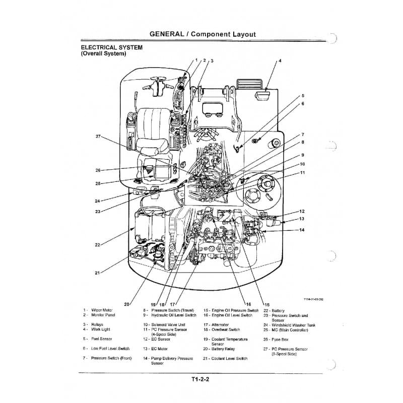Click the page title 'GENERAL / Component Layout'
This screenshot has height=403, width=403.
(203, 34)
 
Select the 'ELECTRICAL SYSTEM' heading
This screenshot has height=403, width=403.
(111, 47)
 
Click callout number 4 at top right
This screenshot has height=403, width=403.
(280, 60)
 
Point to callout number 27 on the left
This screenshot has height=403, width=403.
(98, 137)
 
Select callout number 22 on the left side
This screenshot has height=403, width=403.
(97, 245)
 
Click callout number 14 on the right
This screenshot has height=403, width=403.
(302, 230)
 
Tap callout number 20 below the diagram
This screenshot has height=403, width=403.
(126, 304)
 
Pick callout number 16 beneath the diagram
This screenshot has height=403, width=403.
(248, 304)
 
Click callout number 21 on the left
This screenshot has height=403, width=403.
(97, 273)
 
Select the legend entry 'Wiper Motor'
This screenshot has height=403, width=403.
(102, 310)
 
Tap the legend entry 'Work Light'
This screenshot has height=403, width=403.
(101, 329)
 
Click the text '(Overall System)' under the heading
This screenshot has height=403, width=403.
(103, 53)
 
